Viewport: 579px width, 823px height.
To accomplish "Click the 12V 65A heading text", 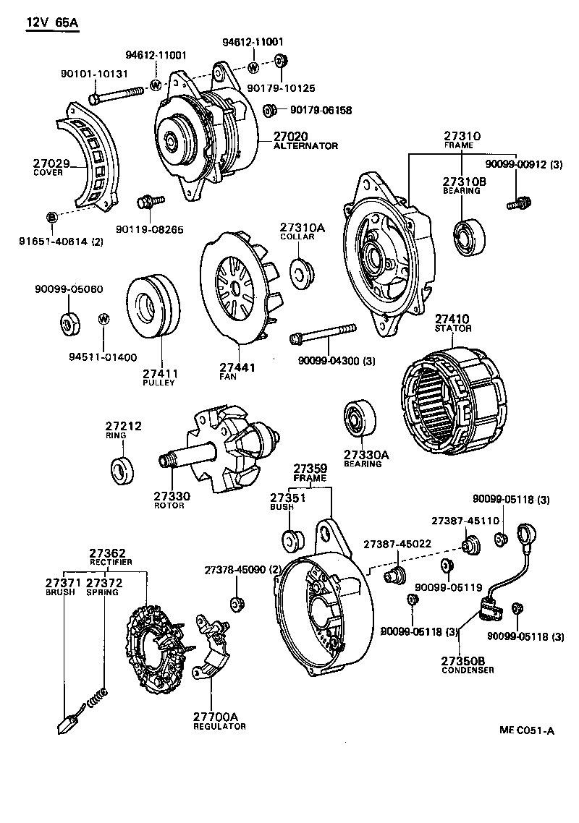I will (x=52, y=22).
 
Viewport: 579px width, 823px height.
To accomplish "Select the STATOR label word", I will (x=453, y=328).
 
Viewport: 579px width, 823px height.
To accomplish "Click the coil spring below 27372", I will (x=97, y=698).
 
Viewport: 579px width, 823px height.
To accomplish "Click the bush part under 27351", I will (x=292, y=539).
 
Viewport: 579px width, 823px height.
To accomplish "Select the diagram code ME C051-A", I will (x=526, y=730).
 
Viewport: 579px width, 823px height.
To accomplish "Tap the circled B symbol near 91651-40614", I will (x=51, y=217).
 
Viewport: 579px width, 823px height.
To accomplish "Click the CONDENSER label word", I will (x=468, y=670).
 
